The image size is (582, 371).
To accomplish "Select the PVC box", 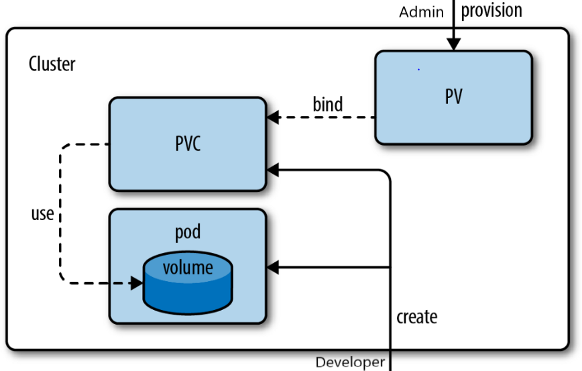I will click(x=188, y=168).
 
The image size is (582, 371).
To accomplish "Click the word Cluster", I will click(x=52, y=64).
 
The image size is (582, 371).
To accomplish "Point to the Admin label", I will click(x=421, y=12).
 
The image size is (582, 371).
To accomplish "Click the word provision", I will click(x=491, y=11).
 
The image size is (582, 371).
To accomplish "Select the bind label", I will click(x=327, y=105).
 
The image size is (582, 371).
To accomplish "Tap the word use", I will click(x=42, y=215).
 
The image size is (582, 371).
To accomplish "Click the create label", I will click(x=416, y=316).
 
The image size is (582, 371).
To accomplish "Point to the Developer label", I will click(x=350, y=362).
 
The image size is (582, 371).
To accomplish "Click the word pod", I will click(x=188, y=232).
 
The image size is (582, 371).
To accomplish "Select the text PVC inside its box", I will click(x=188, y=144).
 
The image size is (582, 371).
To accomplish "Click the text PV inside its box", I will click(x=453, y=97).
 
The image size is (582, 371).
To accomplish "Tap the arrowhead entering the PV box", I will click(x=454, y=44).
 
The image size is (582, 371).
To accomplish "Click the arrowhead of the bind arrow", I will click(x=272, y=118).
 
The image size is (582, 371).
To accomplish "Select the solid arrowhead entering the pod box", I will click(x=272, y=268).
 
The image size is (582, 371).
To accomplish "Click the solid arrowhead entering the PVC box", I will click(x=272, y=170).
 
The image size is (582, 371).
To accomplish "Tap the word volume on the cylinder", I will click(x=188, y=268).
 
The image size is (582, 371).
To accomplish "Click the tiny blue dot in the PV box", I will click(x=418, y=69).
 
